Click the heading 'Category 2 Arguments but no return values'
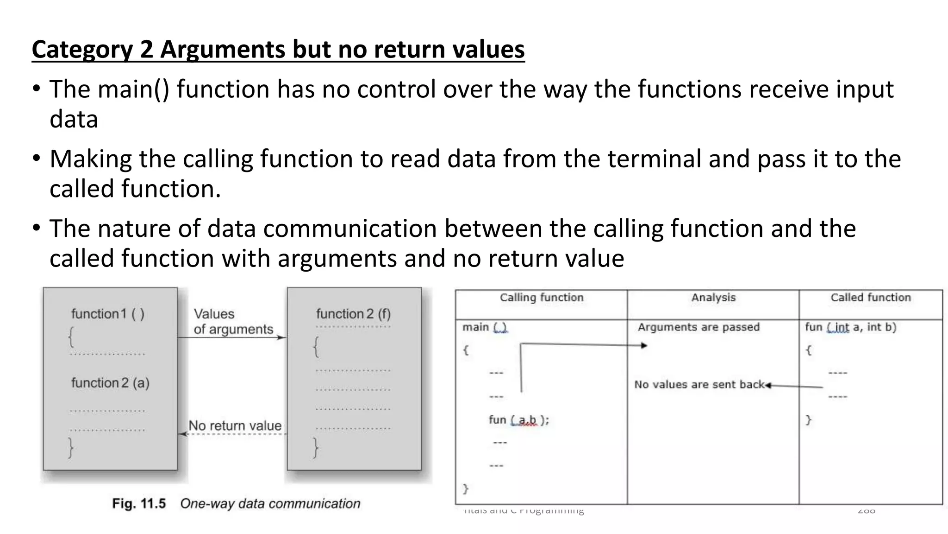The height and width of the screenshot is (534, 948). pyautogui.click(x=278, y=50)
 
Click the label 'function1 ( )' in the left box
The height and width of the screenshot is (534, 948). pyautogui.click(x=108, y=314)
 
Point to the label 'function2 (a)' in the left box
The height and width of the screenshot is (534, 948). pyautogui.click(x=110, y=383)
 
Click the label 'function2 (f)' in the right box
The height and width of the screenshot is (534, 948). pyautogui.click(x=353, y=314)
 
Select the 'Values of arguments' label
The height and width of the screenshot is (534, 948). pyautogui.click(x=233, y=321)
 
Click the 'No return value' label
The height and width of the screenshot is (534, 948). pyautogui.click(x=235, y=426)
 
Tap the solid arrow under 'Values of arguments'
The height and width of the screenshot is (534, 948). pyautogui.click(x=231, y=337)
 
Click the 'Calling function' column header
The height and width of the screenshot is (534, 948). pyautogui.click(x=542, y=298)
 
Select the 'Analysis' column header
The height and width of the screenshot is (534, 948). pyautogui.click(x=713, y=298)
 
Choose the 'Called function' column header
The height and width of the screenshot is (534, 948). pyautogui.click(x=871, y=298)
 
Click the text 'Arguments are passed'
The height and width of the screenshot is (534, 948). pyautogui.click(x=699, y=327)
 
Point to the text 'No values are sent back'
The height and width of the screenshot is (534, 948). pyautogui.click(x=699, y=385)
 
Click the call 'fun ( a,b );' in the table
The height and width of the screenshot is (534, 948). pyautogui.click(x=519, y=420)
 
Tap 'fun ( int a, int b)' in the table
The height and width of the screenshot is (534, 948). pyautogui.click(x=850, y=327)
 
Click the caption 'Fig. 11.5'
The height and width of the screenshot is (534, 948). pyautogui.click(x=138, y=504)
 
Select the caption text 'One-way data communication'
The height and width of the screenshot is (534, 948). pyautogui.click(x=270, y=504)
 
